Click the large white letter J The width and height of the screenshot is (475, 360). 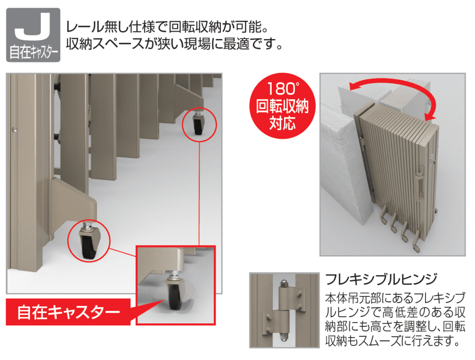[32, 27]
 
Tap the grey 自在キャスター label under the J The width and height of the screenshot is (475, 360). [33, 52]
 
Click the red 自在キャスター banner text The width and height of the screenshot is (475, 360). [68, 312]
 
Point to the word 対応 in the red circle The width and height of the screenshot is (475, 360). [282, 123]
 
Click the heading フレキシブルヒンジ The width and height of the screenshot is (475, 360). [381, 279]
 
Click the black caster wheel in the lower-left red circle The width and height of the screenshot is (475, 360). [88, 246]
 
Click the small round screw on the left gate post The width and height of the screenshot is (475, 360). [14, 130]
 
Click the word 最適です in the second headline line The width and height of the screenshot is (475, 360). [249, 44]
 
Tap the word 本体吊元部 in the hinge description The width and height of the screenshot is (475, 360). [353, 298]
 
